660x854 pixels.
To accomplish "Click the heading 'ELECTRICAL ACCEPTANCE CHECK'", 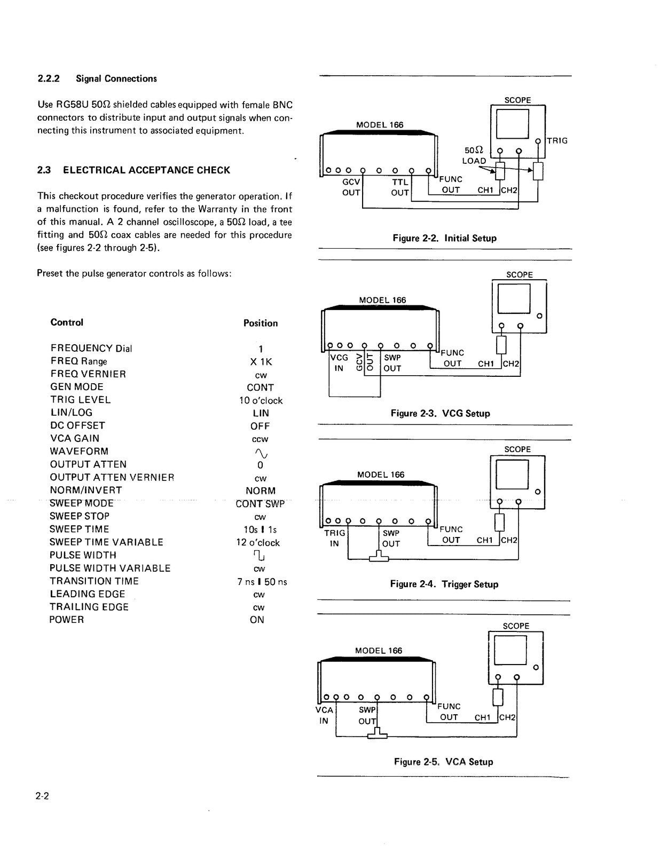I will tap(146, 170).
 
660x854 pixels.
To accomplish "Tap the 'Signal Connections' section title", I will tap(116, 79).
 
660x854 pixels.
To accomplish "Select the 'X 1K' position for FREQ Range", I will tap(261, 362).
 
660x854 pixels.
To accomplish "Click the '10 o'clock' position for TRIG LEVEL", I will tap(261, 400).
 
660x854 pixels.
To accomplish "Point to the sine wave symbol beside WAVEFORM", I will tap(261, 453).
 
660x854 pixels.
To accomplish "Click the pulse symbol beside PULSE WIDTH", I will tap(260, 556).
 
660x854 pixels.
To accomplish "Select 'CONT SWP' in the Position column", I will tap(260, 503).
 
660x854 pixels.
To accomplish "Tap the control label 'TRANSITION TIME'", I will tap(94, 581).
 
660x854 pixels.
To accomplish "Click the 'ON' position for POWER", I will tap(257, 620).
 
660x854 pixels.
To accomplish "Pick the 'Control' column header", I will tap(67, 322).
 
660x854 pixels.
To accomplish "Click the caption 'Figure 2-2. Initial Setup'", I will tap(444, 238).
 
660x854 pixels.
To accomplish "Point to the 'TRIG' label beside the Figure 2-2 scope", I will tap(557, 141).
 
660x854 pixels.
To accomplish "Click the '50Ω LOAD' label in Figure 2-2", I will tap(474, 156).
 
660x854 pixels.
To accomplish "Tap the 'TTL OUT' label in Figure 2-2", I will tap(400, 187).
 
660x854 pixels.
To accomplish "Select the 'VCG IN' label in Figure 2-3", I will tap(339, 363).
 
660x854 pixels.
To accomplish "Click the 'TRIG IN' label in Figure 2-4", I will tap(334, 538).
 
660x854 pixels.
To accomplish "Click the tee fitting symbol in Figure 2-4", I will tap(379, 558).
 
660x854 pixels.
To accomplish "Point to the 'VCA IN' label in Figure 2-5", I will tap(324, 715).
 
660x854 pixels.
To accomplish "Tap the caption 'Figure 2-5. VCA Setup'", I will tap(443, 762).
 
